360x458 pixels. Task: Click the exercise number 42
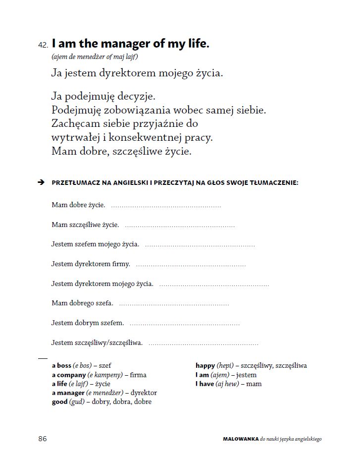[43, 45]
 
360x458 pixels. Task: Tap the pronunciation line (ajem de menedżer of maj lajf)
[94, 57]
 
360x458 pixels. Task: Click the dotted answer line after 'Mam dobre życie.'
[166, 206]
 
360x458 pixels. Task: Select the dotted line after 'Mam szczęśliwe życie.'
[180, 226]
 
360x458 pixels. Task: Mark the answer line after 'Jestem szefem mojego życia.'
[200, 245]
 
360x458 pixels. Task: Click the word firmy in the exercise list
[121, 264]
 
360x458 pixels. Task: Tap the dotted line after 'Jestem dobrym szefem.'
[184, 323]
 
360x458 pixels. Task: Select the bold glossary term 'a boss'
[61, 366]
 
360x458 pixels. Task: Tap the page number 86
[43, 439]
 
